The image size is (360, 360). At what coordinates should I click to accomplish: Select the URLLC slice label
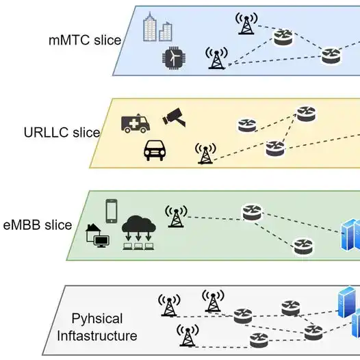click(x=62, y=133)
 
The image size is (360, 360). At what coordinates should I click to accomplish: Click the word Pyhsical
click(x=97, y=319)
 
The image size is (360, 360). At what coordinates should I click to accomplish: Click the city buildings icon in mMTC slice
click(x=157, y=29)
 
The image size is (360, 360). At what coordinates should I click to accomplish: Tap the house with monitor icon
click(x=96, y=236)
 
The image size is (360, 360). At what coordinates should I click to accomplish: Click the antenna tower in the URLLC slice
click(x=204, y=153)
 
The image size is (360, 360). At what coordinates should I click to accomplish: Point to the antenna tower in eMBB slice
click(x=176, y=217)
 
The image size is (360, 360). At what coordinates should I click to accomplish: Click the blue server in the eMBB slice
click(x=351, y=236)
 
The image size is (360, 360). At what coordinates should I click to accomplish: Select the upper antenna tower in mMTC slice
click(x=245, y=24)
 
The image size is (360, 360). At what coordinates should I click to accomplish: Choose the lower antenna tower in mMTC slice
click(x=216, y=59)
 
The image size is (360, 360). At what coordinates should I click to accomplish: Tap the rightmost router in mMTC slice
click(x=331, y=55)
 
